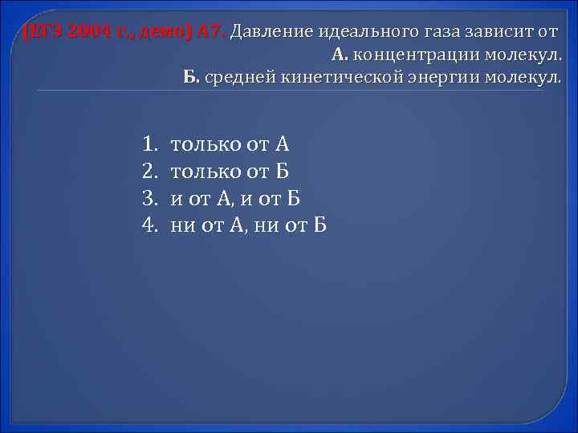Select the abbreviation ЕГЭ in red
point(45,33)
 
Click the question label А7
point(211,33)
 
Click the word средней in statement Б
point(241,78)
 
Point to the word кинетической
point(333,78)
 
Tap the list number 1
point(149,144)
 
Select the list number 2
point(149,171)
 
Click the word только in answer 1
point(203,144)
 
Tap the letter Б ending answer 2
point(282,171)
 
